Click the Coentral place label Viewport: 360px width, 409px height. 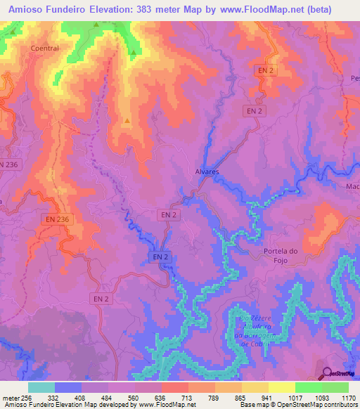coord(44,48)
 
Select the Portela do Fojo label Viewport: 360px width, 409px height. coord(281,256)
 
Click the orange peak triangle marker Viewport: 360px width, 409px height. coord(127,120)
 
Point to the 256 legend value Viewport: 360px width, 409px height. coord(25,397)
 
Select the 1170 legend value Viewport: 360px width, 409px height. coord(349,397)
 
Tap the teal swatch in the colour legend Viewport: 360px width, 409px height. coord(41,387)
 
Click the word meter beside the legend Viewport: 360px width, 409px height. coord(9,397)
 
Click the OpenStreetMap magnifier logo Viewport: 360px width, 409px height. coord(328,373)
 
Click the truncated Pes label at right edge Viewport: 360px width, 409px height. coord(354,79)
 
